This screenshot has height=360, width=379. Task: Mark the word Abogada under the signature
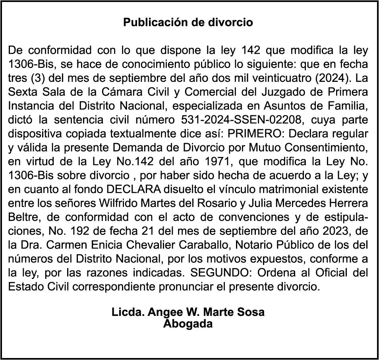[x=188, y=324]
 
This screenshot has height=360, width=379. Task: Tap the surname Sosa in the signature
[x=251, y=312]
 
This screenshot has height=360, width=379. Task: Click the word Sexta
[x=22, y=92]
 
